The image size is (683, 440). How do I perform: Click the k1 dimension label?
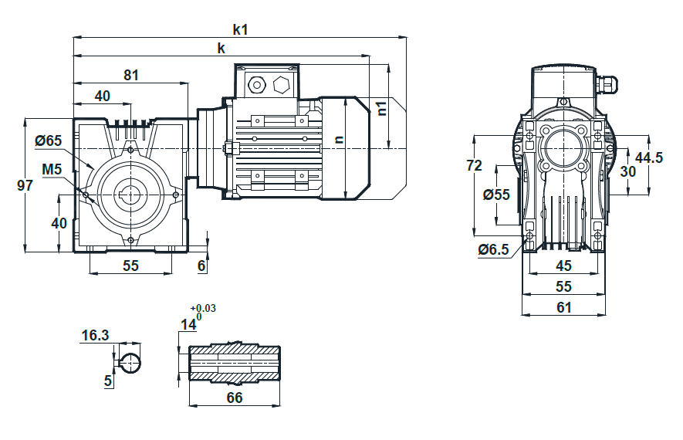point(241,29)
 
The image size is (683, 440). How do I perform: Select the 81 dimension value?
point(131,76)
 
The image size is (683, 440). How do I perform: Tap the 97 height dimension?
point(25,185)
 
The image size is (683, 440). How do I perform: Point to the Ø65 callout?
point(49,140)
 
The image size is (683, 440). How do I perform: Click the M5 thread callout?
point(52,169)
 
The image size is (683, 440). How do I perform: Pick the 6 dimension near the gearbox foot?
point(201,266)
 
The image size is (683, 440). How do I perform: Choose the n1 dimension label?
point(381,108)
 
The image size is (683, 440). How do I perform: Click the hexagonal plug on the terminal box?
point(281,85)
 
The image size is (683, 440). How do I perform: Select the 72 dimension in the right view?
point(475,165)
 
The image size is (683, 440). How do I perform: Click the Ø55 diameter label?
point(496,195)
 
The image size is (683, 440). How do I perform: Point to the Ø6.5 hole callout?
point(493,249)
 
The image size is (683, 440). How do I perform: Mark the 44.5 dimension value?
point(648,157)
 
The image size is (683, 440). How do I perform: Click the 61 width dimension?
point(563,307)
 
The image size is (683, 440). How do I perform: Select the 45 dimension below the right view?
point(563,266)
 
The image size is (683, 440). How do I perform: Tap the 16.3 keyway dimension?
point(95,336)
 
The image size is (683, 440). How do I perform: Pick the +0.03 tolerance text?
point(202,309)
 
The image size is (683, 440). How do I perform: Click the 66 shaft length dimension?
point(235,398)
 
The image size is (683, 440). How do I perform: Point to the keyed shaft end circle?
point(130,363)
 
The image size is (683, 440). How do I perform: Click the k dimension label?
point(221,49)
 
